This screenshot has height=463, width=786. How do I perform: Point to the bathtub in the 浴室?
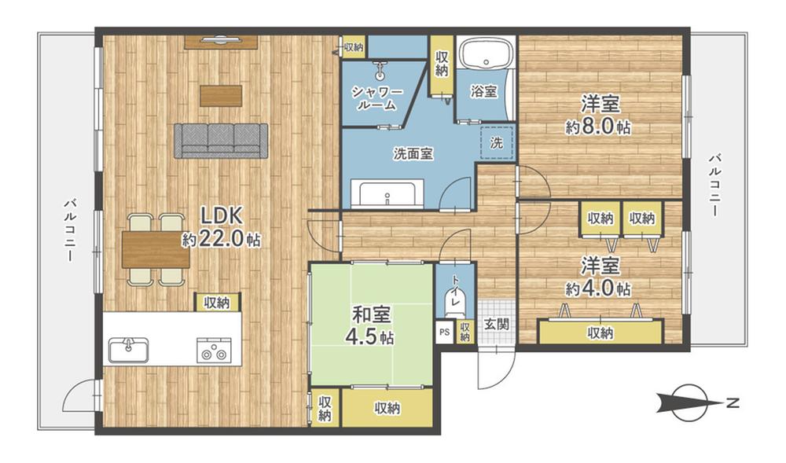tap(484, 56)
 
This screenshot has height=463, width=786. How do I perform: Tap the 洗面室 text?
tap(413, 154)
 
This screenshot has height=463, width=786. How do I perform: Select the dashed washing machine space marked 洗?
tap(496, 143)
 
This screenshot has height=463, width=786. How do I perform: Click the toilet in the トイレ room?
tap(455, 299)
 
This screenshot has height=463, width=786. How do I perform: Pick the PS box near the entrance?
tap(445, 331)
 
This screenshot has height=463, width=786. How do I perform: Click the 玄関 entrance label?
tap(495, 324)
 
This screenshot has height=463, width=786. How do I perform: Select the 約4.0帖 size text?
tap(597, 288)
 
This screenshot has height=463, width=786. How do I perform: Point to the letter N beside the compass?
tap(733, 404)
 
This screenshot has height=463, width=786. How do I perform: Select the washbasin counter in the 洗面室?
tap(391, 193)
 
